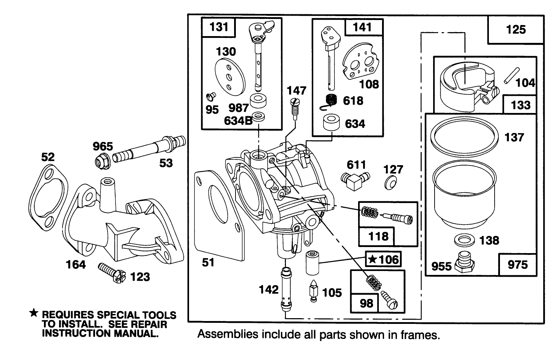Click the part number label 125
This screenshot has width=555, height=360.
pyautogui.click(x=516, y=29)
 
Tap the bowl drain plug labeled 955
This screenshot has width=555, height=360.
pyautogui.click(x=465, y=264)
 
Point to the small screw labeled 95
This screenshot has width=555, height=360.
pyautogui.click(x=210, y=96)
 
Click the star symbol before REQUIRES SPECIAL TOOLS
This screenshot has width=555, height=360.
pyautogui.click(x=33, y=314)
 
